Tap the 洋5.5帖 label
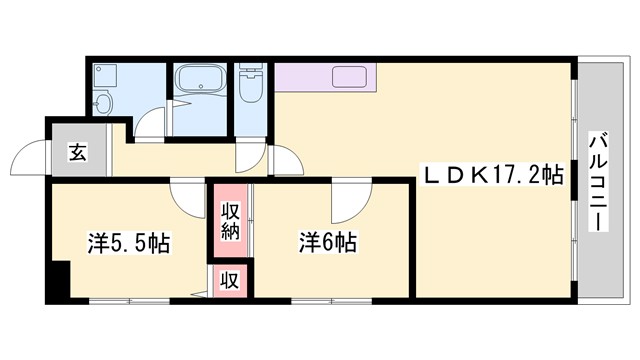click(x=128, y=242)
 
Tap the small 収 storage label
click(x=229, y=280)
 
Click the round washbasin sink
click(x=102, y=104)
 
